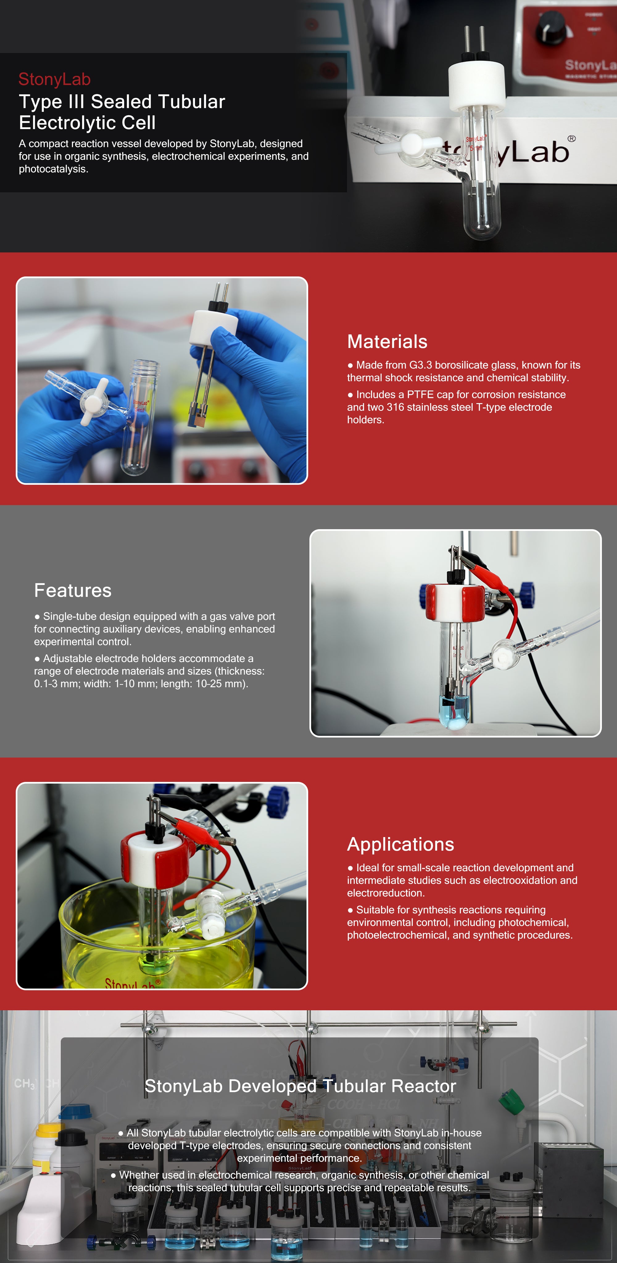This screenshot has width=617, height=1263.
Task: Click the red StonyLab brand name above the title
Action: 55,79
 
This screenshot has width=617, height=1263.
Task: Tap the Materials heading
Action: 387,342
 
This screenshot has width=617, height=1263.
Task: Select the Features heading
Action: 72,590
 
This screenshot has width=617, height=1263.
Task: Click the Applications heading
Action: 400,844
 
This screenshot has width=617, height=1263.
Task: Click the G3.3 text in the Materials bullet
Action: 421,365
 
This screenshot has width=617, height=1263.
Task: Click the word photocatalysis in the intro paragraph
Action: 53,169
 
